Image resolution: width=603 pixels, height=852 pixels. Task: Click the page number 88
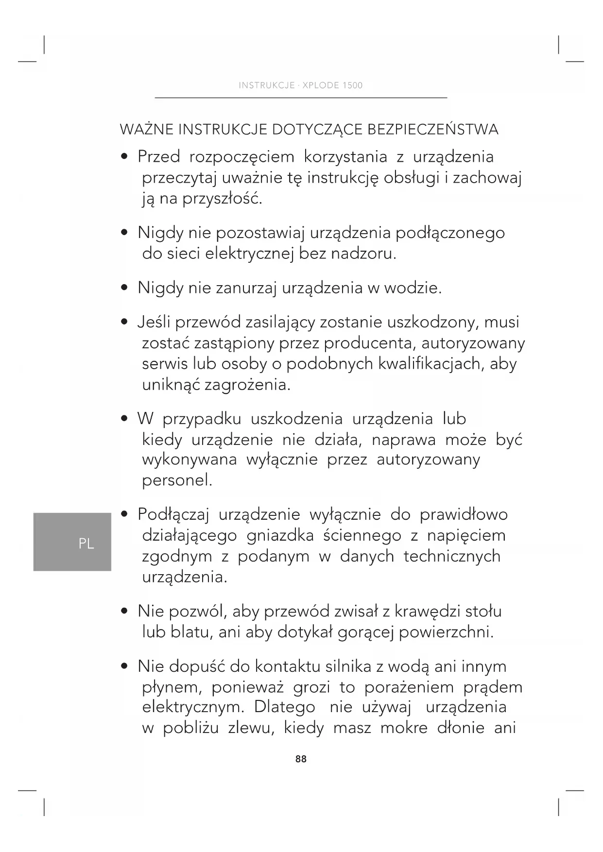pyautogui.click(x=301, y=759)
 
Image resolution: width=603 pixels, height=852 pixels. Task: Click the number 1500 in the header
pyautogui.click(x=352, y=85)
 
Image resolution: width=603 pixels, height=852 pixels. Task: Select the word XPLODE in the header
pyautogui.click(x=321, y=85)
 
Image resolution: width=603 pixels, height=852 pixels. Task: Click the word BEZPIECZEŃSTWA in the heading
pyautogui.click(x=432, y=130)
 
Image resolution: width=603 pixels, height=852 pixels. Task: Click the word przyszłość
pyautogui.click(x=222, y=199)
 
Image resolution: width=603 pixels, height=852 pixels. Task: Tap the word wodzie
pyautogui.click(x=413, y=288)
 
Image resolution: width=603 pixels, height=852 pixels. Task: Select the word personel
pyautogui.click(x=177, y=480)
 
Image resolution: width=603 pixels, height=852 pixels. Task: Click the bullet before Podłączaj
pyautogui.click(x=125, y=514)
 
